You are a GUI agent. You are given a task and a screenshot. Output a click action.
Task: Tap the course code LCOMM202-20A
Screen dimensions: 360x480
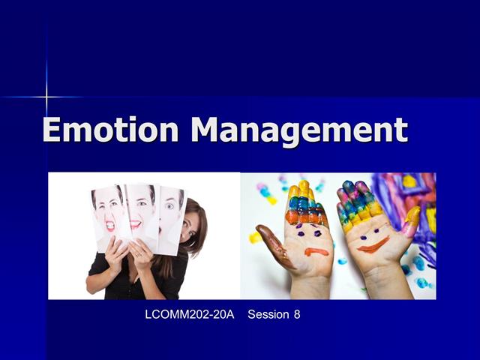point(184,314)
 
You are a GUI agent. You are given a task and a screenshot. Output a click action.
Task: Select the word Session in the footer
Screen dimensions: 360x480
point(269,314)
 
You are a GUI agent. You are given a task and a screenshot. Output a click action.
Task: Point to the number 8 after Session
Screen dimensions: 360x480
point(297,314)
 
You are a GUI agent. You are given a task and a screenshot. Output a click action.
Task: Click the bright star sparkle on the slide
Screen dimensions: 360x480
point(46,96)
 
